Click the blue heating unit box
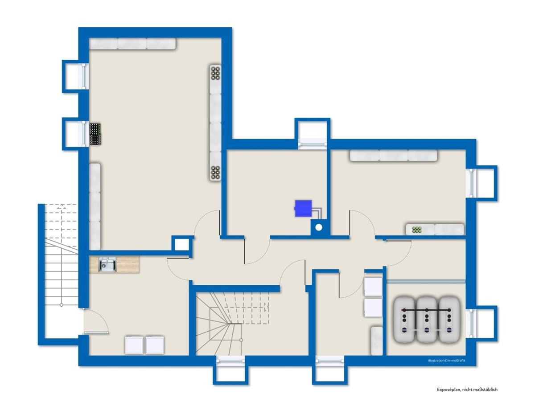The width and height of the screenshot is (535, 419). click(303, 209)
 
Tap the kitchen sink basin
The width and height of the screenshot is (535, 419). click(107, 265)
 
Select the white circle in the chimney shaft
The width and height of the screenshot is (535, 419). click(319, 228)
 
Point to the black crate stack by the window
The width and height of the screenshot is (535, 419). click(95, 134)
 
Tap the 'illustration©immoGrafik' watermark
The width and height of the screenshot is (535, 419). click(447, 361)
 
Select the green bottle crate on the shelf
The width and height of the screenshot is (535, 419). click(417, 230)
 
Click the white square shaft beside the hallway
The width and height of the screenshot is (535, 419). click(182, 245)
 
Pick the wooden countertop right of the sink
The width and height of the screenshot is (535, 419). click(128, 264)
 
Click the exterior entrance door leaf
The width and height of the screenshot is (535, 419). click(96, 333)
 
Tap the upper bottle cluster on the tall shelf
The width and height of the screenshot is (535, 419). click(215, 73)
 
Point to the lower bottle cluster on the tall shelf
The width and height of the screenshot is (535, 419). click(215, 172)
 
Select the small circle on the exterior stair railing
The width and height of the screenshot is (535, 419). click(62, 305)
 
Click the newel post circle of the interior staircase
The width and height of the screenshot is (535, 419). click(241, 340)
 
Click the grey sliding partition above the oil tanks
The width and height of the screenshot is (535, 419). click(426, 281)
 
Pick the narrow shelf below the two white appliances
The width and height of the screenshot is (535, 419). click(376, 341)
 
